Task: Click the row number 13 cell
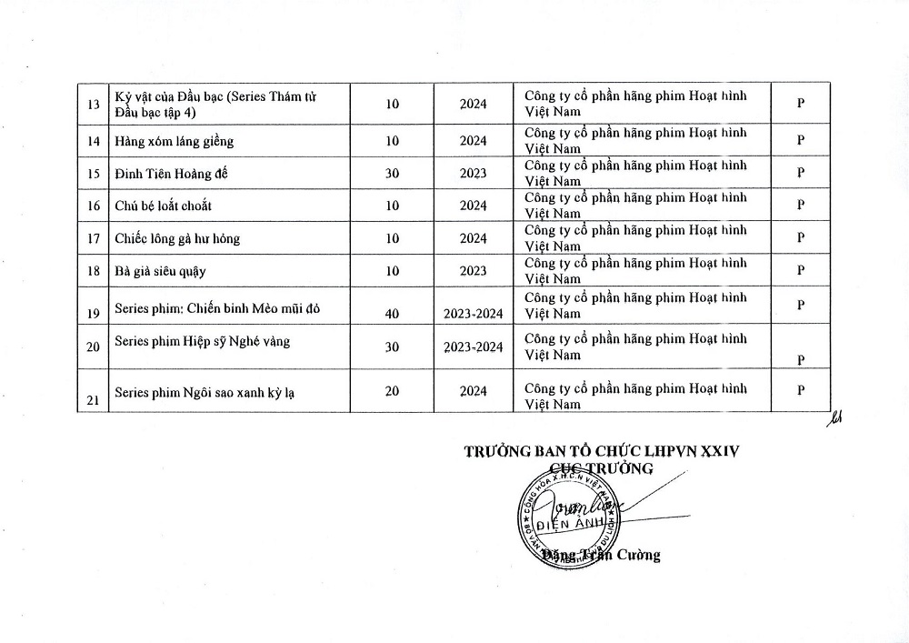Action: (93, 105)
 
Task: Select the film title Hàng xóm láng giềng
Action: (175, 141)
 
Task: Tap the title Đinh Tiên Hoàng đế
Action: (174, 173)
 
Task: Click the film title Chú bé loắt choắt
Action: (164, 206)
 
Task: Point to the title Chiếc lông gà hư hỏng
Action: (177, 238)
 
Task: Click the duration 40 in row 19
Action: (392, 313)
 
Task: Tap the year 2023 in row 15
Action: (473, 173)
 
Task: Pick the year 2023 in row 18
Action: (473, 271)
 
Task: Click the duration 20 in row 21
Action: (392, 391)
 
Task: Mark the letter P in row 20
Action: (801, 360)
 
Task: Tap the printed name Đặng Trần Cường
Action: (601, 555)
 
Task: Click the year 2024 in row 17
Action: (473, 238)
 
